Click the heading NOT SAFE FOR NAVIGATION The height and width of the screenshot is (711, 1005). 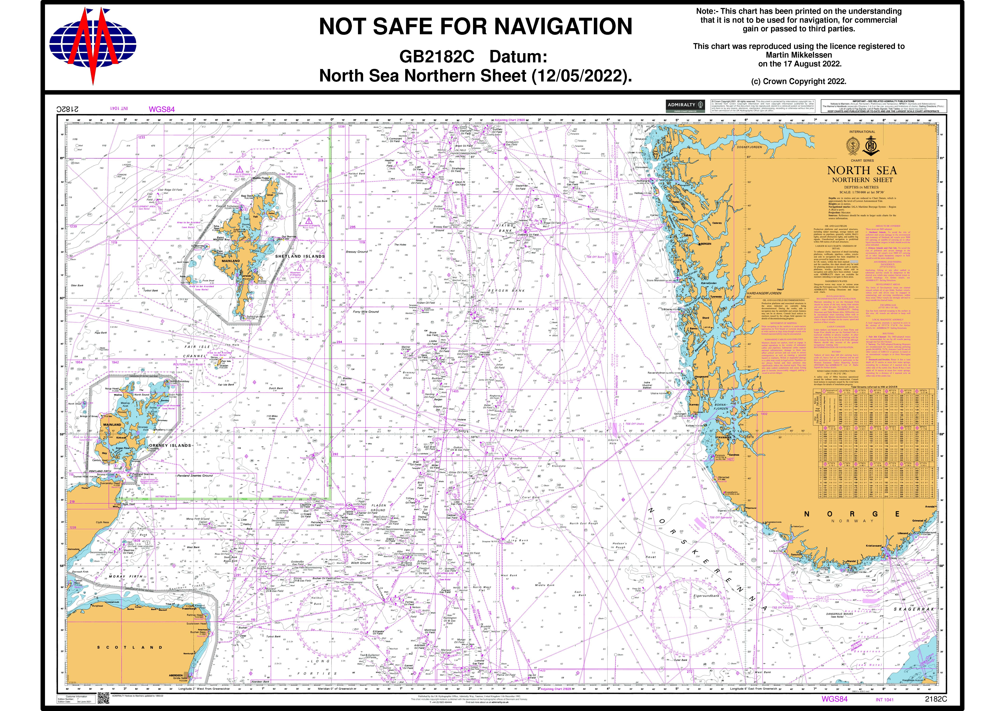[475, 26]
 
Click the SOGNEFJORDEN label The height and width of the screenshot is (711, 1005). [749, 147]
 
